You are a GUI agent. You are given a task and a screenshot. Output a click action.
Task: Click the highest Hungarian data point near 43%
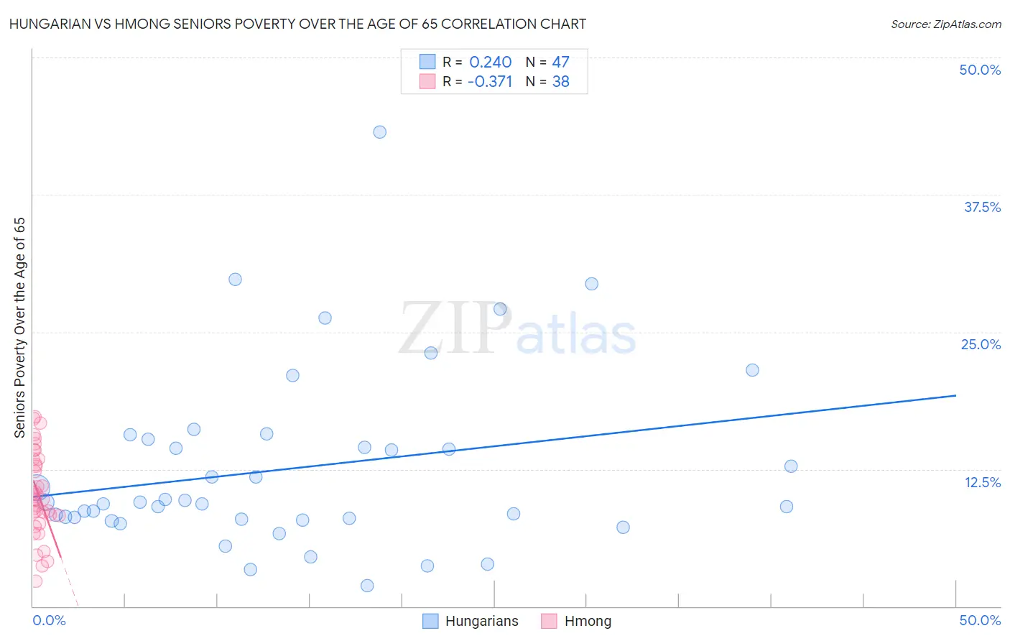(380, 132)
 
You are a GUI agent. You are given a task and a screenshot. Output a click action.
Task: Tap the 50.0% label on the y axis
(980, 70)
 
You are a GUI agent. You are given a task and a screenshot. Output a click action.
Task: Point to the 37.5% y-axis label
(982, 207)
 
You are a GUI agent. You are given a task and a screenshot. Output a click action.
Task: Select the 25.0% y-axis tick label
(981, 344)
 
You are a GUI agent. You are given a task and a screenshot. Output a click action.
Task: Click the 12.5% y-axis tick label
(982, 482)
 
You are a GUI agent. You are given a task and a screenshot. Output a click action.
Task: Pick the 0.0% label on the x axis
(49, 620)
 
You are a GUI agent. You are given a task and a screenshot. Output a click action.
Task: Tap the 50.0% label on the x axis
(980, 620)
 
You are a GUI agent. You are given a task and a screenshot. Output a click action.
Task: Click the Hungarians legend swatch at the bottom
(430, 621)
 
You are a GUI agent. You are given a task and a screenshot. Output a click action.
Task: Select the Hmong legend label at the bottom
(588, 621)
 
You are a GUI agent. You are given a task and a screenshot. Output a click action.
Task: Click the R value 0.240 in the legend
(491, 63)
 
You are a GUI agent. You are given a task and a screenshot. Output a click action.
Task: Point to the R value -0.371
(490, 82)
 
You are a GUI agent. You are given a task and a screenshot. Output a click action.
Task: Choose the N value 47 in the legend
(560, 63)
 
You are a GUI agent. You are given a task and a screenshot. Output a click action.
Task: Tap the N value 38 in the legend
(560, 82)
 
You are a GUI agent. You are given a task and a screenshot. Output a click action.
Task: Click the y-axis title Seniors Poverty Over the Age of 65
(20, 327)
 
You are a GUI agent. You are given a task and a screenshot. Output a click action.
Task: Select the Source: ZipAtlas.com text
(945, 24)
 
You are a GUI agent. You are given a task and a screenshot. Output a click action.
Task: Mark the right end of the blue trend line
(955, 395)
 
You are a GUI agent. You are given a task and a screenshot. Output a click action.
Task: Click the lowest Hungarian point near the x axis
(367, 586)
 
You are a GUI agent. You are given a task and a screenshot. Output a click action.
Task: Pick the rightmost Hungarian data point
(791, 466)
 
